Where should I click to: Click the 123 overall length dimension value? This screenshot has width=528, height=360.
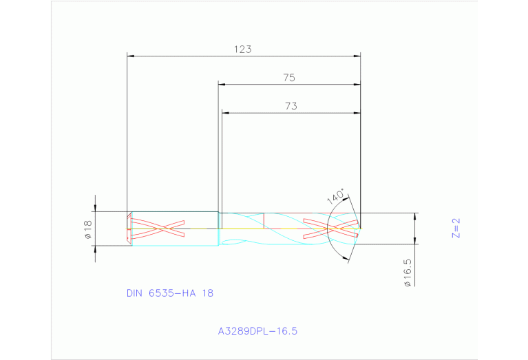click(242, 49)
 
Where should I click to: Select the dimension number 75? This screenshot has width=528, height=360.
click(289, 78)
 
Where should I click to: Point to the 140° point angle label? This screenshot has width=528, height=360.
click(335, 196)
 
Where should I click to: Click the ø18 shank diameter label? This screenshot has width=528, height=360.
click(87, 229)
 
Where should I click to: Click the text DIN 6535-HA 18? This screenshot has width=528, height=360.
click(170, 293)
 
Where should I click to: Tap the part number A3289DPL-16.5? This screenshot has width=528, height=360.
click(257, 331)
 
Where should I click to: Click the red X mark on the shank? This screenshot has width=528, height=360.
click(158, 228)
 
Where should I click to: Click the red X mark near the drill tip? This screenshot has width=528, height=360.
click(332, 228)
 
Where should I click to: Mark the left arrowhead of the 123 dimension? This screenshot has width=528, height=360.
click(131, 56)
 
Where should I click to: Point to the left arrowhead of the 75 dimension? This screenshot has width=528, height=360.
click(222, 85)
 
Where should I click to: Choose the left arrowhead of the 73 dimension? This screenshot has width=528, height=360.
click(224, 113)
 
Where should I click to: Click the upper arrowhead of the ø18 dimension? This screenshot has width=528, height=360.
click(95, 209)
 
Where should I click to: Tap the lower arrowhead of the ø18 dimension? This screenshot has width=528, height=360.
click(95, 248)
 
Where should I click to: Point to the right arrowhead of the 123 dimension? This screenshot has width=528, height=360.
click(357, 56)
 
